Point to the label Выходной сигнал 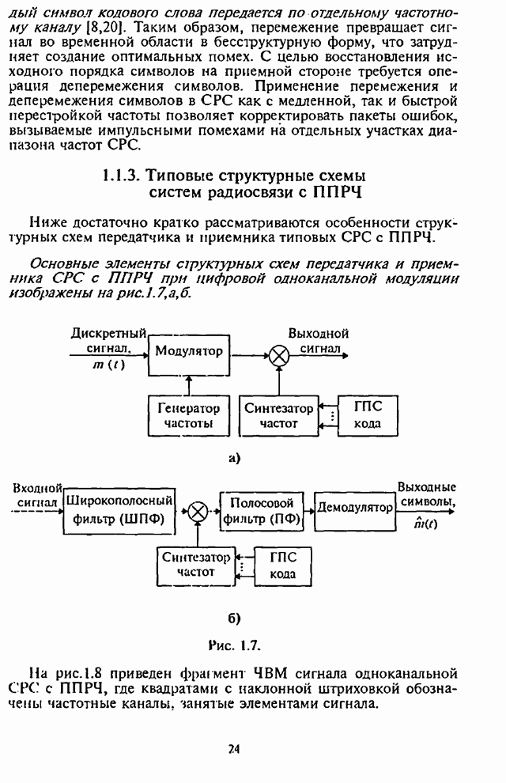click(319, 340)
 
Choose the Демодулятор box click(354, 507)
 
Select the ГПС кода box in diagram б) click(283, 565)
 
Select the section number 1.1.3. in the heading click(121, 175)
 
